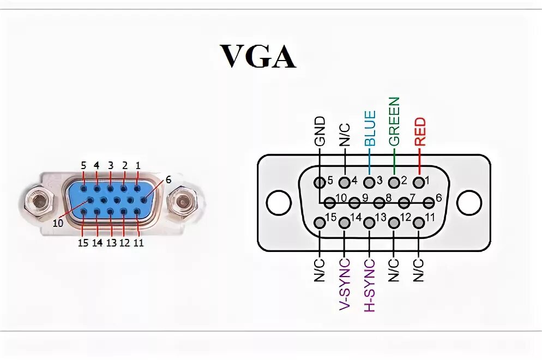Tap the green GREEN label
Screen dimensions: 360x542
tap(394, 121)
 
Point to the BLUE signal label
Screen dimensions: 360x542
tap(370, 128)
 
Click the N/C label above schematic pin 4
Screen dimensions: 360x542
tap(345, 134)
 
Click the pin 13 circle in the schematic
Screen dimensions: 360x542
tap(369, 223)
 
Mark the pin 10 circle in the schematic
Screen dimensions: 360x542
tap(329, 203)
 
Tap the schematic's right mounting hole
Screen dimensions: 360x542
tap(468, 202)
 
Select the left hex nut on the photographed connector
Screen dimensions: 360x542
tap(39, 202)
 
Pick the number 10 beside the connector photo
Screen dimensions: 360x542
tap(58, 223)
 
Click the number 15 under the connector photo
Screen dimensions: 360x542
tap(83, 243)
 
